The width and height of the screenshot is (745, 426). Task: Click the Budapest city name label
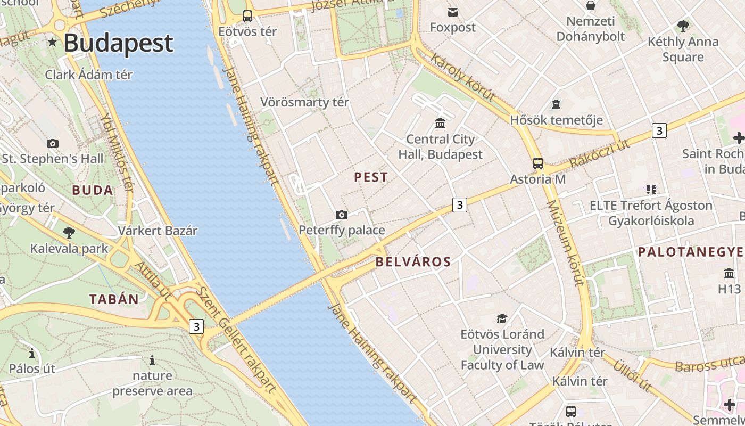(x=118, y=43)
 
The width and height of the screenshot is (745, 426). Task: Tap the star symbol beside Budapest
(x=52, y=42)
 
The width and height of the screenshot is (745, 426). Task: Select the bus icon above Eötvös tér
(x=247, y=15)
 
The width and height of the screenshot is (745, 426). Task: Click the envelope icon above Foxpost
(x=453, y=12)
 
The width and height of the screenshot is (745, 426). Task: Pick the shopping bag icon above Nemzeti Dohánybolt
(x=590, y=6)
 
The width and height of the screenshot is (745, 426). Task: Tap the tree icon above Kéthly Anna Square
(x=683, y=26)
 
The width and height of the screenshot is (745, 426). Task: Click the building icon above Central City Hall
(x=440, y=124)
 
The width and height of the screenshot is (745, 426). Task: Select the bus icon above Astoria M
(x=538, y=163)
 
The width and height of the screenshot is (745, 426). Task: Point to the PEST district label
(x=371, y=178)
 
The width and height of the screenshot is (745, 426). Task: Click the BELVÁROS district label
(x=413, y=262)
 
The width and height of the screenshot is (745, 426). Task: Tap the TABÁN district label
(x=114, y=299)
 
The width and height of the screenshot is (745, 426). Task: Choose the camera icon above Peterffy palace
(x=342, y=215)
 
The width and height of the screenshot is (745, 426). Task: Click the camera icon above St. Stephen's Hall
(x=52, y=143)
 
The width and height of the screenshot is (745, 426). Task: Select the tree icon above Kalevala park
(x=69, y=232)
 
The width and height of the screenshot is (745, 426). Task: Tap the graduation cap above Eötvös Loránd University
(x=502, y=318)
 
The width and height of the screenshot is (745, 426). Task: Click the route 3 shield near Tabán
(x=196, y=326)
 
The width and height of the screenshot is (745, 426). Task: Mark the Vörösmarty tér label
(x=304, y=102)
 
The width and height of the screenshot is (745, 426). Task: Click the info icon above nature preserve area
(x=152, y=361)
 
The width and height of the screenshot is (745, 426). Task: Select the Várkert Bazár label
(x=158, y=231)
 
